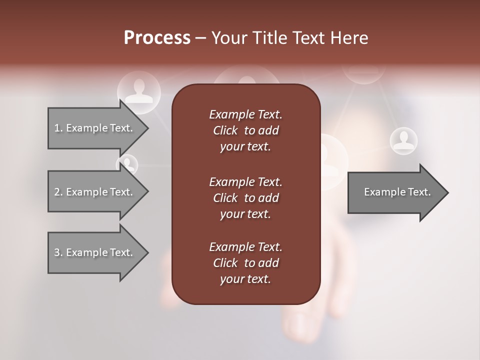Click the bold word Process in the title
click(x=157, y=38)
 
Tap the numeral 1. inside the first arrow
click(x=58, y=128)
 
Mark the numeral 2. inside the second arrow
click(x=58, y=192)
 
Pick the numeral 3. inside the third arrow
click(x=58, y=252)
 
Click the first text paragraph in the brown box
click(x=245, y=130)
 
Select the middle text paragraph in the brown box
click(x=245, y=198)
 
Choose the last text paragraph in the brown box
click(x=245, y=263)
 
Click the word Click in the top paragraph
click(x=225, y=130)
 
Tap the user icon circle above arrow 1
click(x=139, y=91)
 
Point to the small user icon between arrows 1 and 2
click(x=127, y=164)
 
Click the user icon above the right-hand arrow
click(x=403, y=140)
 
